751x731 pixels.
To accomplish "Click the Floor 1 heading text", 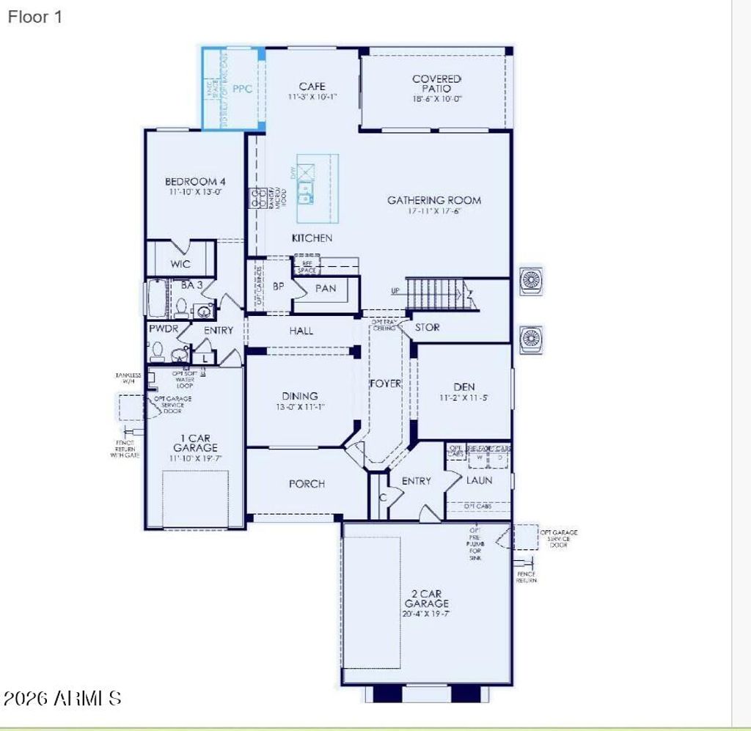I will [x=34, y=17].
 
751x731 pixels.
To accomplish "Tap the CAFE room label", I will [x=312, y=87].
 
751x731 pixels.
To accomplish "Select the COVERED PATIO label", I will [x=436, y=83].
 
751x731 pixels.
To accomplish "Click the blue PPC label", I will [x=242, y=89].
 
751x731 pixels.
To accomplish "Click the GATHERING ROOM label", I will [x=434, y=199].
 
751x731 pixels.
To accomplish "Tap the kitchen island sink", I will [x=304, y=192].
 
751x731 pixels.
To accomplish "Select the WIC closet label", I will [x=180, y=264].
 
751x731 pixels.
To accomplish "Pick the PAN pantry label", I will [x=326, y=288].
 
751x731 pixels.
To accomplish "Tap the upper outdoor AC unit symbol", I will [x=530, y=281].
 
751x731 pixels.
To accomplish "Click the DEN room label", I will [x=464, y=386].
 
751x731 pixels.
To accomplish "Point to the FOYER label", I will [x=385, y=383].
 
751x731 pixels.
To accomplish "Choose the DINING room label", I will [x=299, y=396].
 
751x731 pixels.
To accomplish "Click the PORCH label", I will [x=307, y=483].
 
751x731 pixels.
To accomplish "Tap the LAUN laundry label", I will [x=480, y=480].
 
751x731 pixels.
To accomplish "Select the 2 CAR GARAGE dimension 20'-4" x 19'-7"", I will [x=426, y=614].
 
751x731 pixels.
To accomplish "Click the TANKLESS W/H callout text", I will [x=128, y=378].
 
